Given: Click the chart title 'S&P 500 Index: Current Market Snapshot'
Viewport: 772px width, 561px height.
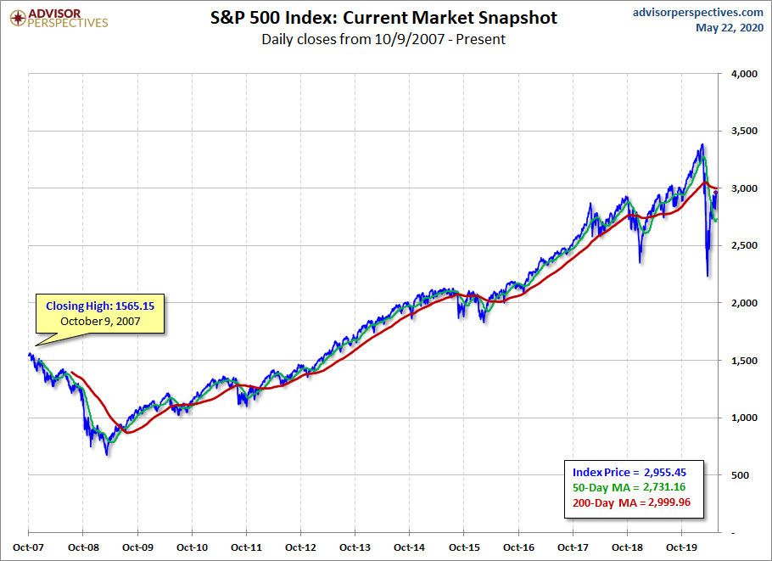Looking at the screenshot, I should point(383,18).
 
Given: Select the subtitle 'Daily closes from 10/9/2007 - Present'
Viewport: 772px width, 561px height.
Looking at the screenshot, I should point(383,39).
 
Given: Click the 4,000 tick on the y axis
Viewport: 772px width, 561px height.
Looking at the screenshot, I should point(743,75).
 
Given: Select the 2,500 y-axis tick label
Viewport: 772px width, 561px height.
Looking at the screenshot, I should point(743,246).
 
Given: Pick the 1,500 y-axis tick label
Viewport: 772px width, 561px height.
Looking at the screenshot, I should point(743,361).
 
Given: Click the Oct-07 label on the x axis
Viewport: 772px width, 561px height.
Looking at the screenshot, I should point(28,547).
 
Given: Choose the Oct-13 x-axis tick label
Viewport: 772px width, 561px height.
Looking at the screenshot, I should point(355,547).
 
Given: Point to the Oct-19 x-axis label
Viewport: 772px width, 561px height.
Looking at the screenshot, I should point(682,547).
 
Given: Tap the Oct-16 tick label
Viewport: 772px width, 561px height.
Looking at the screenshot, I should point(518,547).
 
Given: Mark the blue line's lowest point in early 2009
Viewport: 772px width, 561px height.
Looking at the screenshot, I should point(107,455).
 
